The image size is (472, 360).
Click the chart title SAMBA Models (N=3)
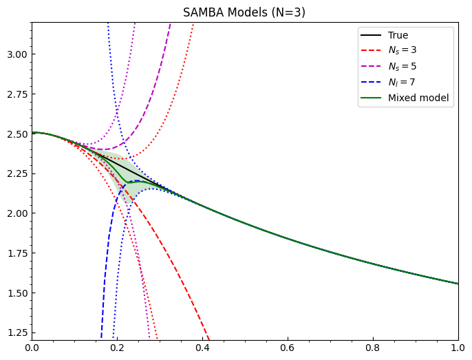point(244,12)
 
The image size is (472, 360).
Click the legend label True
point(398,34)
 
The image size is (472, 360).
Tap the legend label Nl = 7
point(402,82)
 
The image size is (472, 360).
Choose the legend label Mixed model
point(418,98)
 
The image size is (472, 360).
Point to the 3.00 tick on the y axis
point(17,54)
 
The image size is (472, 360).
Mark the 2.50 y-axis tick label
point(17,134)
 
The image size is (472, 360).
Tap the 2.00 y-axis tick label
point(17,213)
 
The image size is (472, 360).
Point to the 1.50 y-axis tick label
point(17,293)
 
